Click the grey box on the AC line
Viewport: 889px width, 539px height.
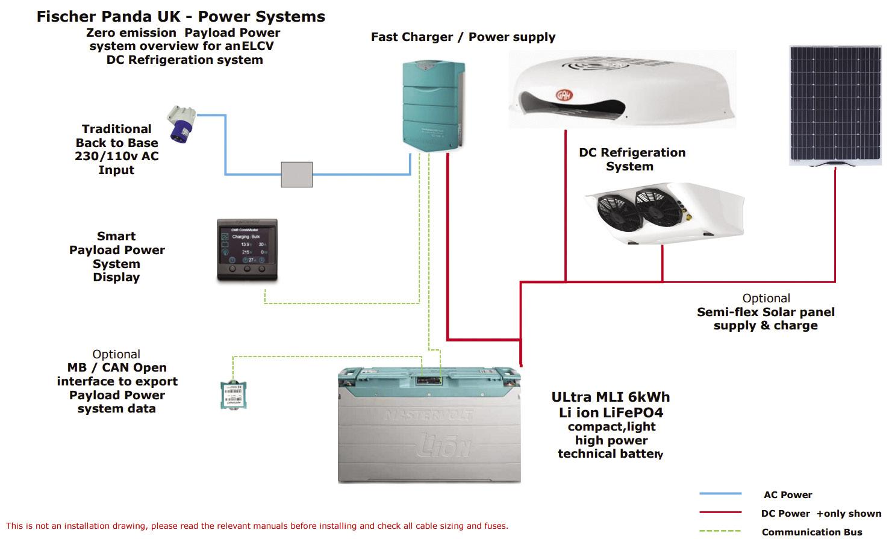pos(297,174)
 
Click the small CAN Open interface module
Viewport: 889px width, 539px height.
pos(234,395)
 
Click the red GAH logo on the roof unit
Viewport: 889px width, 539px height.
pos(563,95)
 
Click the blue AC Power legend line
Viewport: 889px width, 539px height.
pos(720,494)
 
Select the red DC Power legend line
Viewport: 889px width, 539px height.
pos(720,513)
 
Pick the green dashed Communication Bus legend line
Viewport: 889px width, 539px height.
pos(720,531)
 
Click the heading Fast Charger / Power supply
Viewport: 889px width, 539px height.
pos(463,37)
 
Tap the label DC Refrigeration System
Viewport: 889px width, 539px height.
pos(632,159)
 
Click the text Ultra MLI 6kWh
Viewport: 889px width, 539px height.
pos(610,397)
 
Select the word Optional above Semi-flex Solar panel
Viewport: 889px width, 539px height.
pos(766,298)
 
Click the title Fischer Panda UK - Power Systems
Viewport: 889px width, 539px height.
pos(181,16)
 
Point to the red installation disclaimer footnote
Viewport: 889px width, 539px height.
pos(257,526)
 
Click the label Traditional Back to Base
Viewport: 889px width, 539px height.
pos(117,136)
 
